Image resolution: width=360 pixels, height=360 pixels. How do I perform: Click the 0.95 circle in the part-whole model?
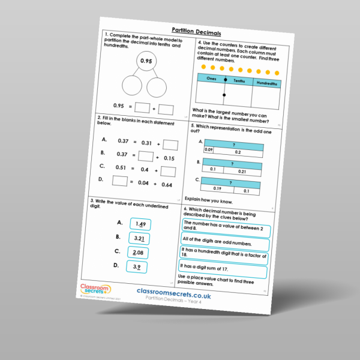145,61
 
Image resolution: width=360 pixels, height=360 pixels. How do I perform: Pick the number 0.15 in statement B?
169,158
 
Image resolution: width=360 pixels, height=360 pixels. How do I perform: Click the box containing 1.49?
140,224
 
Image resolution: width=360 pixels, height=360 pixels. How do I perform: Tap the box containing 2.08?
138,253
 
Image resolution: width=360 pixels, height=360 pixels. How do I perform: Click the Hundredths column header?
266,85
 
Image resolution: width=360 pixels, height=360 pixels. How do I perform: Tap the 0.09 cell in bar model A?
209,149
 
